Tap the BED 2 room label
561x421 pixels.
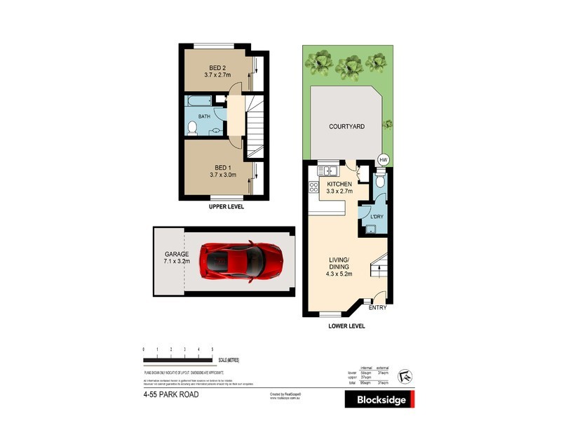point(217,68)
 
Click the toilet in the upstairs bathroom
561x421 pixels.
point(193,127)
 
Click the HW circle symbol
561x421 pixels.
point(383,159)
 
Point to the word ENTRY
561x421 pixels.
point(377,308)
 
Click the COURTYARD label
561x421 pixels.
point(346,127)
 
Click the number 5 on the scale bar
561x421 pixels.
point(212,349)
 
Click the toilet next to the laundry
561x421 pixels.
point(379,182)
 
